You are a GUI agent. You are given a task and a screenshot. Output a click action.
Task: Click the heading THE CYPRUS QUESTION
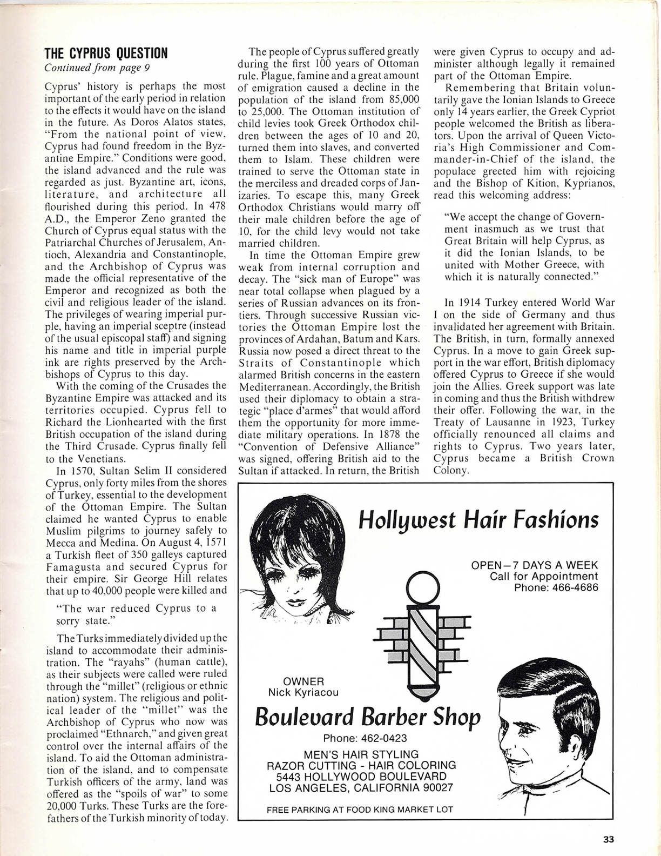click(106, 53)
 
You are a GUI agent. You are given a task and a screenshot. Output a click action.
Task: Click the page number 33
click(609, 839)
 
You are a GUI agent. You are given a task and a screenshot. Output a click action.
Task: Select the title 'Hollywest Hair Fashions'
click(478, 520)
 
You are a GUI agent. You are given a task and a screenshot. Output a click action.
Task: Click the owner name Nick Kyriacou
click(303, 693)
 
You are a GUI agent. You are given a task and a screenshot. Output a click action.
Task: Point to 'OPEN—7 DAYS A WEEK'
click(535, 565)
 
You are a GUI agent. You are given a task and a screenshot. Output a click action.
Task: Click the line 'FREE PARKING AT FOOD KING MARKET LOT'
click(360, 809)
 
